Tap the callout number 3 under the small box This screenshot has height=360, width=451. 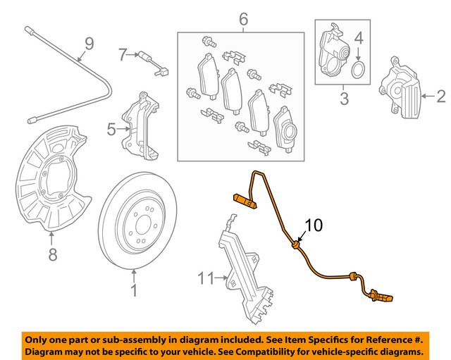click(344, 99)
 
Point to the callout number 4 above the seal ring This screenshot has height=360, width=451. click(358, 37)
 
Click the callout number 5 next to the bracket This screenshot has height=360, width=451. click(111, 128)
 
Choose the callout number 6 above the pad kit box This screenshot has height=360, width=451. click(243, 18)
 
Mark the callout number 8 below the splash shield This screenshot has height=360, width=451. click(52, 254)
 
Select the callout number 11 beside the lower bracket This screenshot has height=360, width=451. click(205, 279)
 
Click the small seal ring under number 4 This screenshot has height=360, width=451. click(358, 68)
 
